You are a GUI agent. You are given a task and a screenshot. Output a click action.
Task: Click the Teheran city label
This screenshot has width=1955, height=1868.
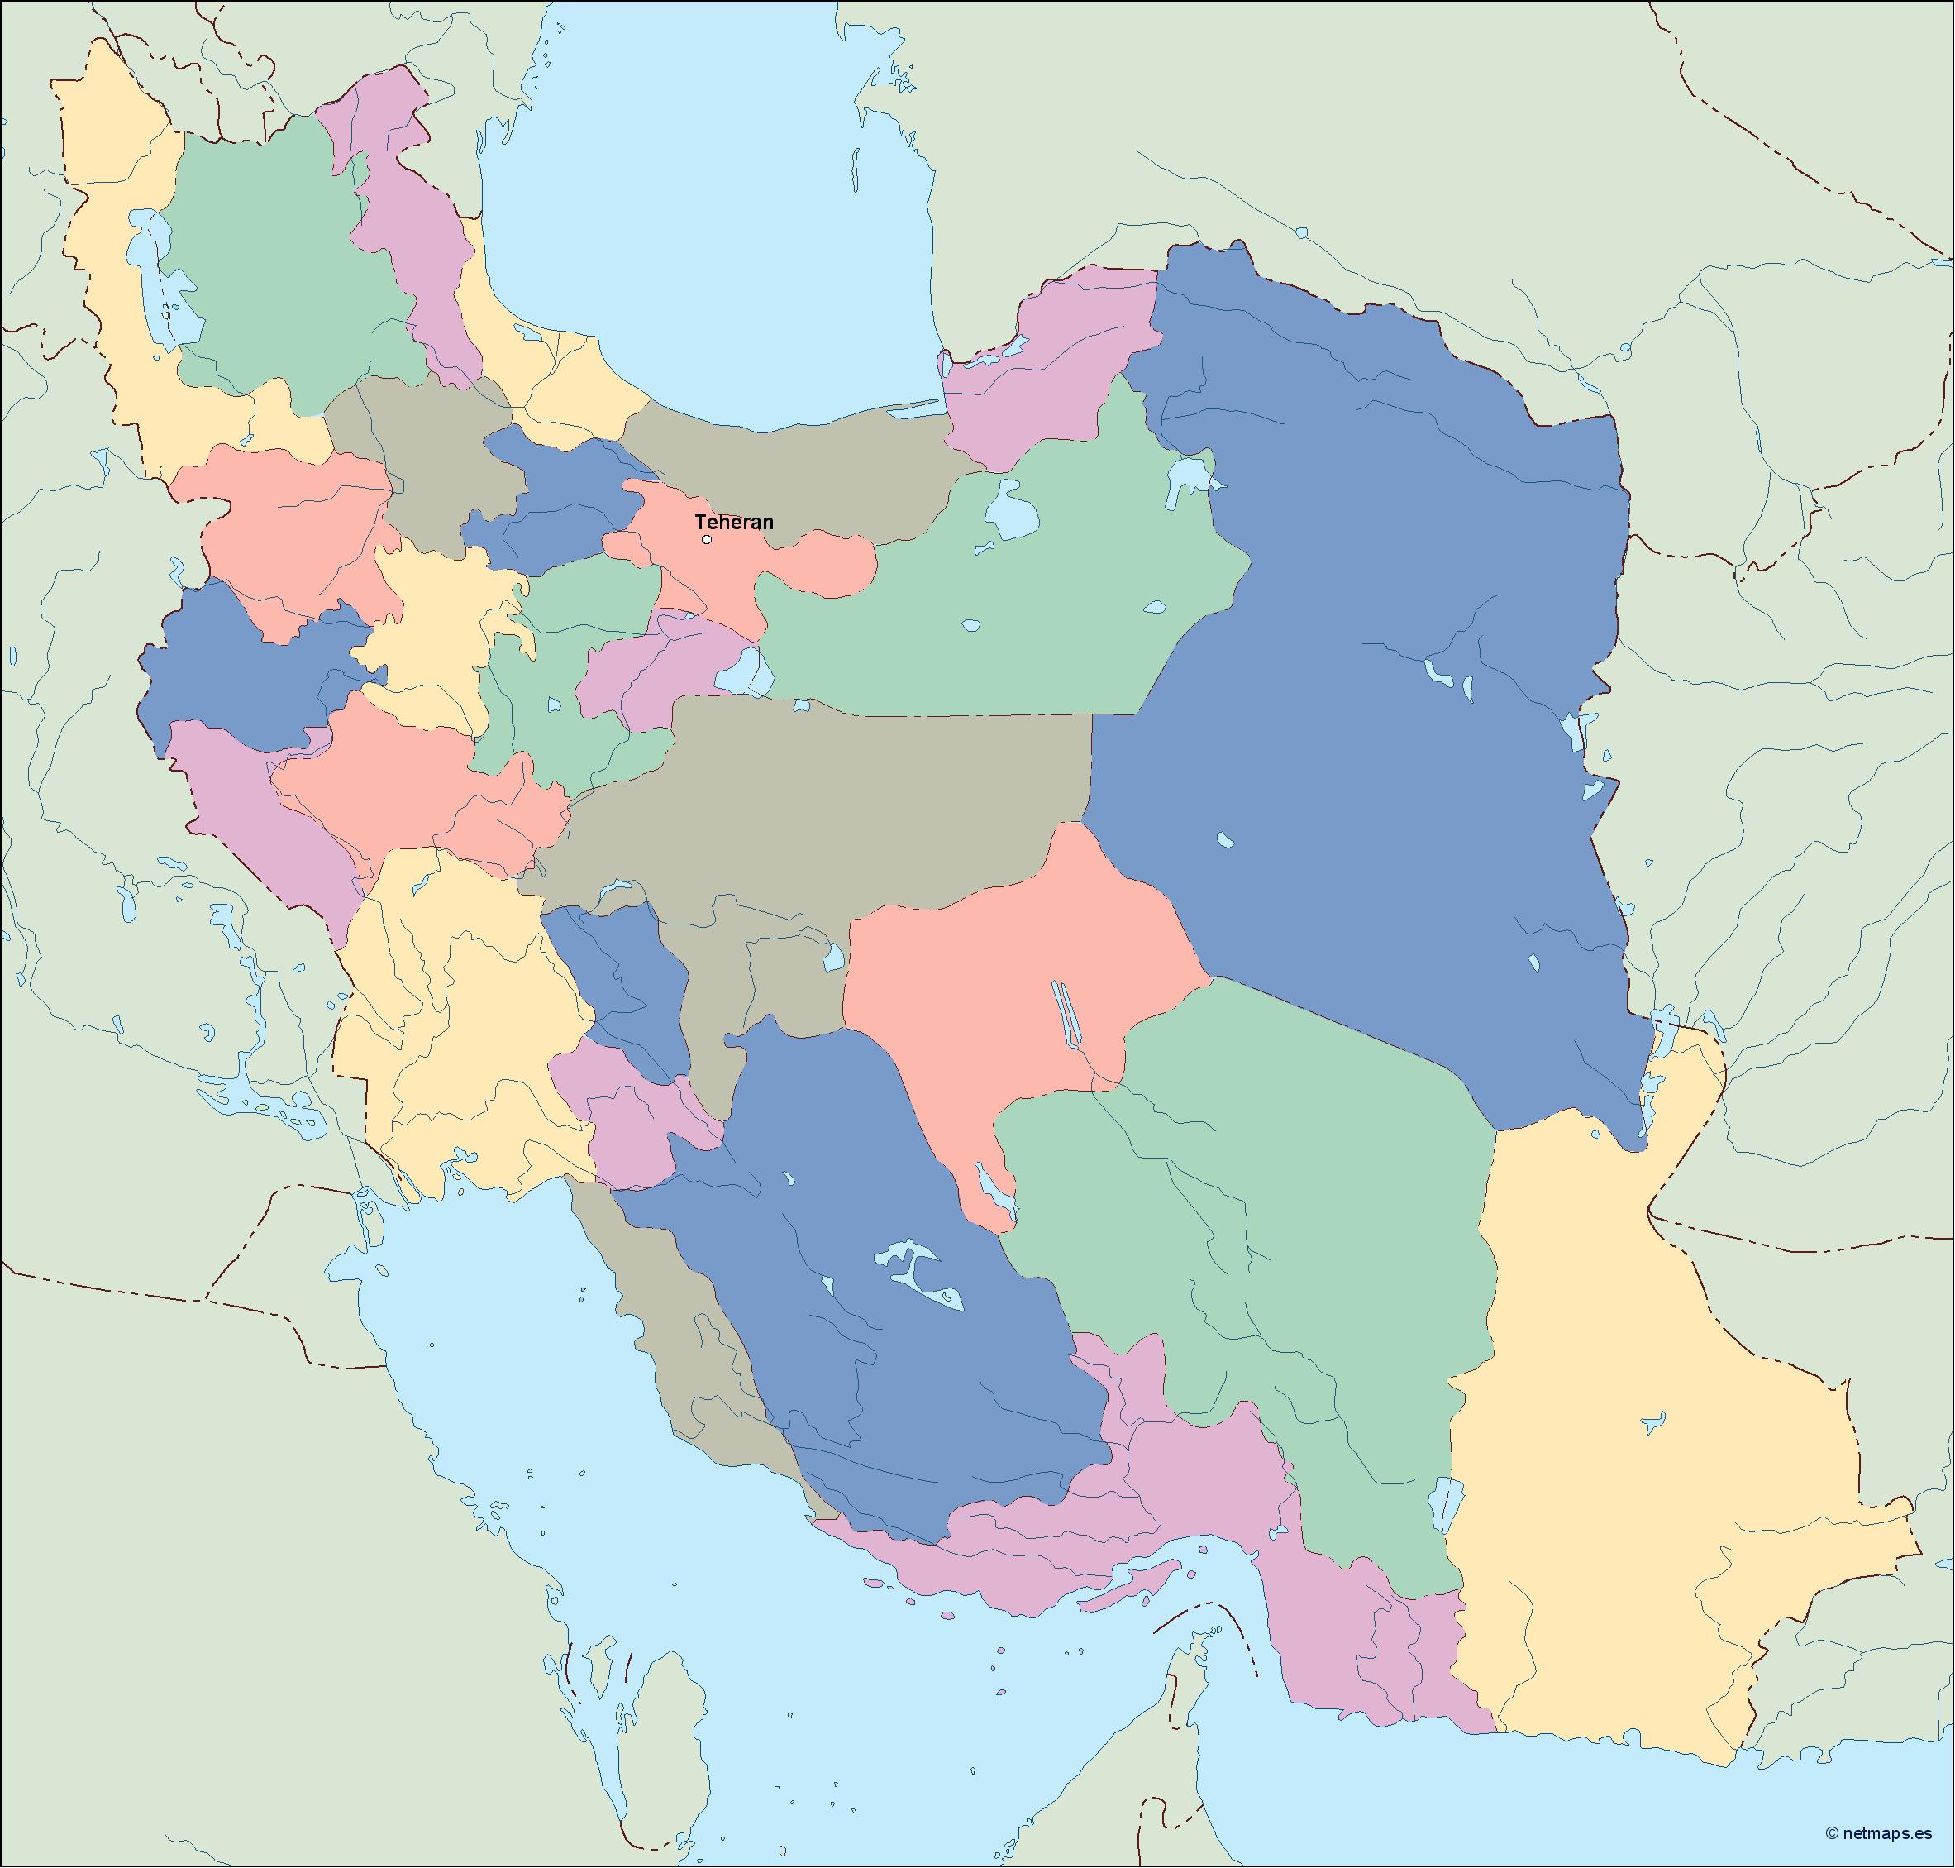733,522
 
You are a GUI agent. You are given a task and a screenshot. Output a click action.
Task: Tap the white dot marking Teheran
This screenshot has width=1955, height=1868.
707,540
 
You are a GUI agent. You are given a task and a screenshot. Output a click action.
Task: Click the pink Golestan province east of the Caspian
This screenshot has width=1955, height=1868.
1045,369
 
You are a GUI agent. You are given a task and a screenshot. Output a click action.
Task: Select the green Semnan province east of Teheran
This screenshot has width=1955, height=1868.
995,618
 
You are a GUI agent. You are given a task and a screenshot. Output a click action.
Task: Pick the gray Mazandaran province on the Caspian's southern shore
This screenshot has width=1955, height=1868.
796,468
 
